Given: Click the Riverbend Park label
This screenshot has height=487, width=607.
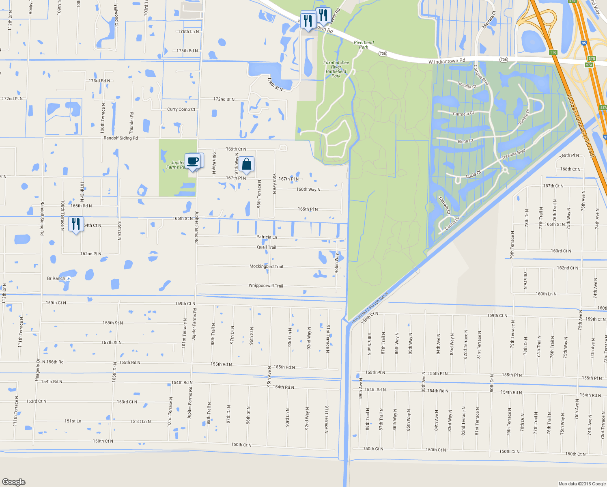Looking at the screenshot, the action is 364,45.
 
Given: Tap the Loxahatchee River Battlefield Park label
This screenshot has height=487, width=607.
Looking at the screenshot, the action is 336,69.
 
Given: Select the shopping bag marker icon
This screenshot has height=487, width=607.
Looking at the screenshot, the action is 246,164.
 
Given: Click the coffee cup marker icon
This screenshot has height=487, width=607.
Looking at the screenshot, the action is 193,161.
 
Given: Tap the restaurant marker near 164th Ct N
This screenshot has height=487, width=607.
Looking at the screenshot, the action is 76,224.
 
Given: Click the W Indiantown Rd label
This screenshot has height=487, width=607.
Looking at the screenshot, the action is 447,61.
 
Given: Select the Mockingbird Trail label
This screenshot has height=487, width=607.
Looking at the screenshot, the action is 266,267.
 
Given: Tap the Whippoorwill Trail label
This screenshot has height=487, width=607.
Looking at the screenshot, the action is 266,286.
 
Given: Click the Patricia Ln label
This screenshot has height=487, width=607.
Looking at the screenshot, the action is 267,237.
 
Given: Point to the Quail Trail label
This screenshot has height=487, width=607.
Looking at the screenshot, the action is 266,247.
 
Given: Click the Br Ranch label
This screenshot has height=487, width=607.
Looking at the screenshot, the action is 56,278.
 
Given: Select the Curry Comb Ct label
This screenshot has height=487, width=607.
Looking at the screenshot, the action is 181,110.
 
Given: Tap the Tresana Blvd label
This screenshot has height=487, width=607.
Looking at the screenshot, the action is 513,154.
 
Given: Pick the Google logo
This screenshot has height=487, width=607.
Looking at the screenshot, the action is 14,482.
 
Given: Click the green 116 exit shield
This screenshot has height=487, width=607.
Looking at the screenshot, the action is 553,52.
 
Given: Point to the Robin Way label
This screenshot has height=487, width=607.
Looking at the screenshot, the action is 337,263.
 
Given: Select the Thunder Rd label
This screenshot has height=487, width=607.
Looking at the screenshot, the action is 131,123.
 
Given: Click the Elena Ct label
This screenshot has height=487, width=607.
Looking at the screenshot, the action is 465,141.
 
